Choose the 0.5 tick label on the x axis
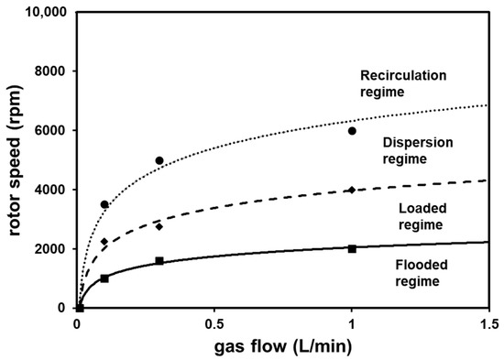pos(214,323)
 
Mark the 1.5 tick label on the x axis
pos(488,323)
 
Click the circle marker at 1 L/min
pos(352,131)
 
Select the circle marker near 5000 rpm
pos(159,160)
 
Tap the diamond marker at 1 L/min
pos(352,190)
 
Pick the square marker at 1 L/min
pos(352,248)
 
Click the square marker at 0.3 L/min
pos(159,261)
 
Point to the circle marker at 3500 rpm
pos(104,204)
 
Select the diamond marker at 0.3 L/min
pos(159,226)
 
